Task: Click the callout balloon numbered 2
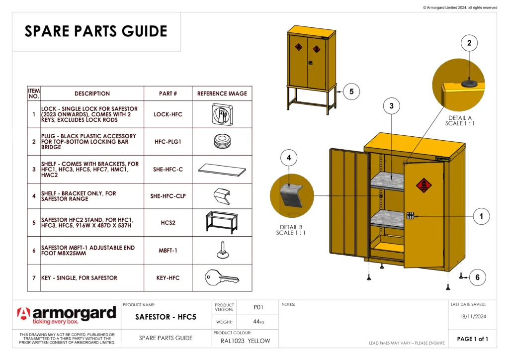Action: [469, 43]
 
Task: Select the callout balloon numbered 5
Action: [351, 91]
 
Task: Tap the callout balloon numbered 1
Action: [481, 216]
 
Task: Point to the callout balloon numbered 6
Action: [477, 277]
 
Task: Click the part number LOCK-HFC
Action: [168, 114]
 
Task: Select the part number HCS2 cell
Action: [168, 223]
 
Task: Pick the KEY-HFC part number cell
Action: [168, 278]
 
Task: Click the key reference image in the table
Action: [222, 278]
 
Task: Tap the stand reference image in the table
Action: [222, 222]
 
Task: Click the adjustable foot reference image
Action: [222, 250]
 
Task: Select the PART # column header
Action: [168, 93]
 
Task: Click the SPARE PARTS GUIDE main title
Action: [96, 31]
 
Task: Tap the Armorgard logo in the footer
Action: [67, 315]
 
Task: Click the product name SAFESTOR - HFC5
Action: [166, 317]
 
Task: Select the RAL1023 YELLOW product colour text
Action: [246, 341]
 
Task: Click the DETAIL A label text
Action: [460, 118]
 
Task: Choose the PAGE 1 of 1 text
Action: [472, 339]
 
